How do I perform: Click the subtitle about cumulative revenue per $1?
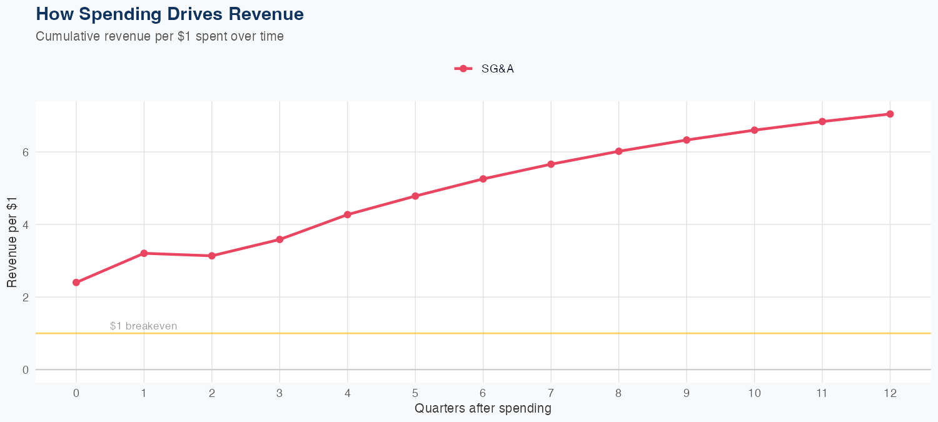159,36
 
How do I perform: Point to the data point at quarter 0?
76,283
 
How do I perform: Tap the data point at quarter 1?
144,253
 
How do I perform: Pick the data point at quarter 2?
212,256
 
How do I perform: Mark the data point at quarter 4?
348,214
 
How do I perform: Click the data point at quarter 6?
483,179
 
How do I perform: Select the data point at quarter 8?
619,151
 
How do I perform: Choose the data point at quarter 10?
754,130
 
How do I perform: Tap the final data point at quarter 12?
890,114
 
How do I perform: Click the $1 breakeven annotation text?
143,326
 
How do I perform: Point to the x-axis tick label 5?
415,393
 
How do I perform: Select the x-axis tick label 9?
687,393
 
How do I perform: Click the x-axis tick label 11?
822,393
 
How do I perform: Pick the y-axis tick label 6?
26,152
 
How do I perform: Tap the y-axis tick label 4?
26,224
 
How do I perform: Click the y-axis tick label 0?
26,369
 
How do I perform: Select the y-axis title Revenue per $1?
12,241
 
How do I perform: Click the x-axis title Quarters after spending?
483,409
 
